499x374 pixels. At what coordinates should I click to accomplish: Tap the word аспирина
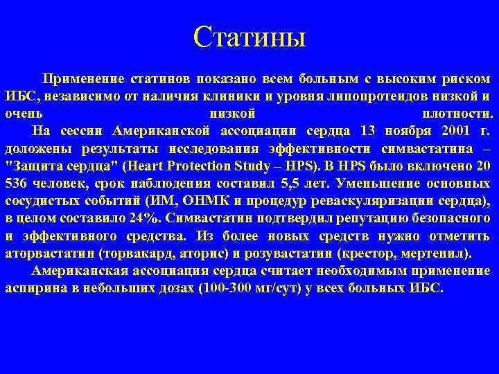point(33,287)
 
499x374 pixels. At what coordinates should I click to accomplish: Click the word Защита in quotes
point(30,166)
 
